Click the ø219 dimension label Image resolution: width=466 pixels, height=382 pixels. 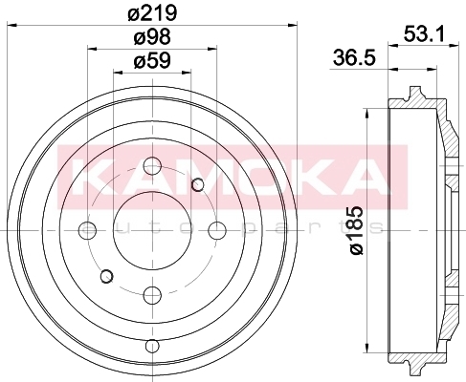[x=152, y=13]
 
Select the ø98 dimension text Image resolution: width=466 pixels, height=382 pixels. [x=152, y=36]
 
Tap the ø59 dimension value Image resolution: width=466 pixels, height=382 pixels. [x=152, y=60]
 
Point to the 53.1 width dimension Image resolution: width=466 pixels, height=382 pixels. [x=424, y=34]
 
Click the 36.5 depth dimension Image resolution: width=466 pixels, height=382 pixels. [x=354, y=58]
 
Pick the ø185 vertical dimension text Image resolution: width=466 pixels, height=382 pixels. [x=357, y=230]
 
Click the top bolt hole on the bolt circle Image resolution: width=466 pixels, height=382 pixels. [x=152, y=165]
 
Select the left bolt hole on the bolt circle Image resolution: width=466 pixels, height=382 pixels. [x=87, y=230]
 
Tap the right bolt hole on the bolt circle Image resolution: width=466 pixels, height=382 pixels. [x=217, y=230]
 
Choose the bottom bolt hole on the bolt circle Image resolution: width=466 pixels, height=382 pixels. [x=152, y=295]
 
